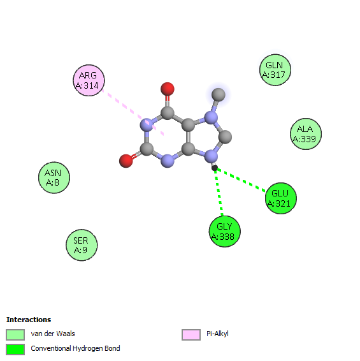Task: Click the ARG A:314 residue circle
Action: click(89, 80)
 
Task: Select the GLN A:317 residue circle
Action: click(275, 70)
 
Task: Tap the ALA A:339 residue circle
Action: click(306, 134)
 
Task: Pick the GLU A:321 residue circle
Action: click(281, 198)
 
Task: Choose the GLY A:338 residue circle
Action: click(225, 232)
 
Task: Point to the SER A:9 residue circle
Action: click(82, 245)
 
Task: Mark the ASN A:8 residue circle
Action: click(54, 177)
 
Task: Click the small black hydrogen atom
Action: click(215, 168)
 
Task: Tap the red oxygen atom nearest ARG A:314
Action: click(168, 89)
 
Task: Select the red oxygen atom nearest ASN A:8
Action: click(126, 161)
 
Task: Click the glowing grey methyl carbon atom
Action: click(219, 94)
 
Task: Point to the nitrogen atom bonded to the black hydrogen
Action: click(211, 156)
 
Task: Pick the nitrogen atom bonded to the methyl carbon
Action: click(211, 117)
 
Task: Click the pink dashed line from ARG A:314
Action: click(133, 112)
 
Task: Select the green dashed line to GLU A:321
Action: click(241, 180)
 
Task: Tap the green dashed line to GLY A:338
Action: click(219, 193)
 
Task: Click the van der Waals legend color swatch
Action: click(15, 334)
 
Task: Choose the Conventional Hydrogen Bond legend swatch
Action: click(15, 350)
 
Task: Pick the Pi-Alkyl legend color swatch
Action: click(191, 334)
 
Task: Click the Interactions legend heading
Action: click(29, 320)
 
